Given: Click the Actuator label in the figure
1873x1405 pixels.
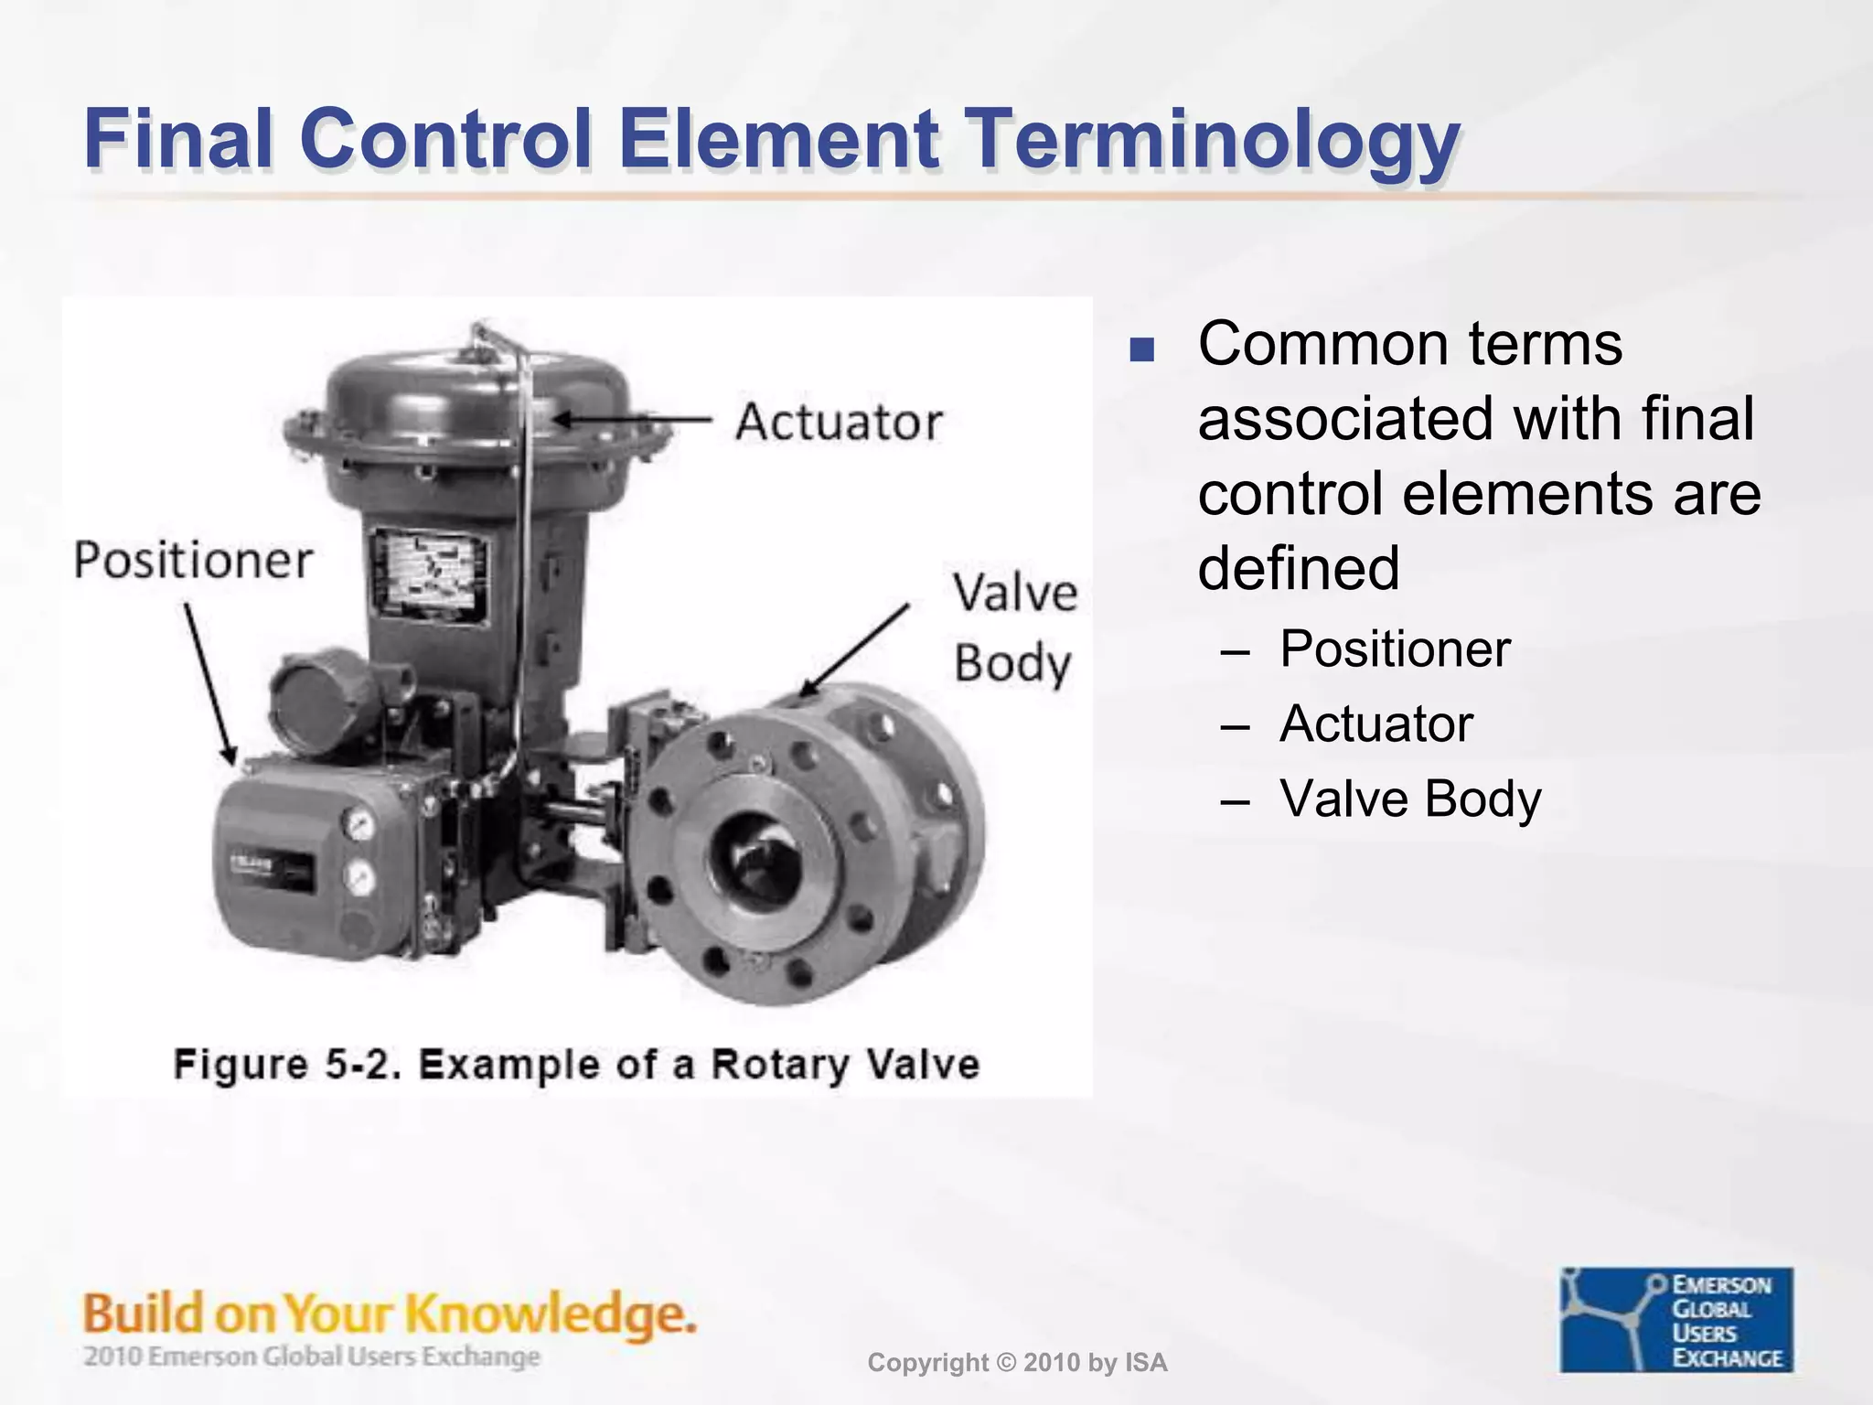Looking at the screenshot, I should (838, 422).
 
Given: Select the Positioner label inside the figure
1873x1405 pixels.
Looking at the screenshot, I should (193, 559).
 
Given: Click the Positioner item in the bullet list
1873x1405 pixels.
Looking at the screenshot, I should (1394, 649).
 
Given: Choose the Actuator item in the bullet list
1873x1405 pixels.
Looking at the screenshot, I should (1375, 724).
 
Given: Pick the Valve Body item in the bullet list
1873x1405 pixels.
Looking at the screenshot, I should (1409, 799).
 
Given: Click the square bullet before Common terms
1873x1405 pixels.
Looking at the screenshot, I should (1141, 350).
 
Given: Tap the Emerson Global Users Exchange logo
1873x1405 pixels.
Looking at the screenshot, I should (1676, 1319).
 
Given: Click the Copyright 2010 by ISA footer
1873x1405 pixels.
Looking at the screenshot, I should (1017, 1363).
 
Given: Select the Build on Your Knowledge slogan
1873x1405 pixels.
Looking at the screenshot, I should (390, 1314).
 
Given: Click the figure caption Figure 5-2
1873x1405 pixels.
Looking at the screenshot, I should (576, 1065).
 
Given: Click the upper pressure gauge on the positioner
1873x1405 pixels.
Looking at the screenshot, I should (359, 823).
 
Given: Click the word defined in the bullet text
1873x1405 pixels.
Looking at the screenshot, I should (1299, 568).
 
